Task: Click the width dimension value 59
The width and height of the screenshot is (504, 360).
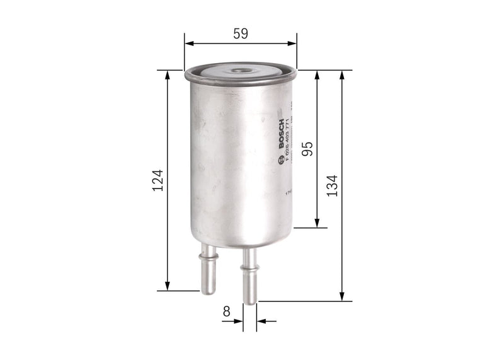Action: pyautogui.click(x=240, y=34)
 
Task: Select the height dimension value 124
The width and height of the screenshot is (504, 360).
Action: pyautogui.click(x=157, y=180)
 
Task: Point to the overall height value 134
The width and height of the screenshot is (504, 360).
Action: pyautogui.click(x=332, y=185)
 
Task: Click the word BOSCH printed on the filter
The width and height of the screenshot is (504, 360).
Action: pyautogui.click(x=280, y=133)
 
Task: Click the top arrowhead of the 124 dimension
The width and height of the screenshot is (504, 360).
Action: pyautogui.click(x=168, y=74)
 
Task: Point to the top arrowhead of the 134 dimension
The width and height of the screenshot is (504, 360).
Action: pyautogui.click(x=342, y=74)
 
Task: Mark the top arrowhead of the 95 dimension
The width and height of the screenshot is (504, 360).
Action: pyautogui.click(x=318, y=74)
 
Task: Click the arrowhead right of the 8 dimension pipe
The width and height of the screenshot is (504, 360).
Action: pyautogui.click(x=263, y=321)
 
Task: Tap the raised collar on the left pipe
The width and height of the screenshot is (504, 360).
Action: pyautogui.click(x=208, y=255)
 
